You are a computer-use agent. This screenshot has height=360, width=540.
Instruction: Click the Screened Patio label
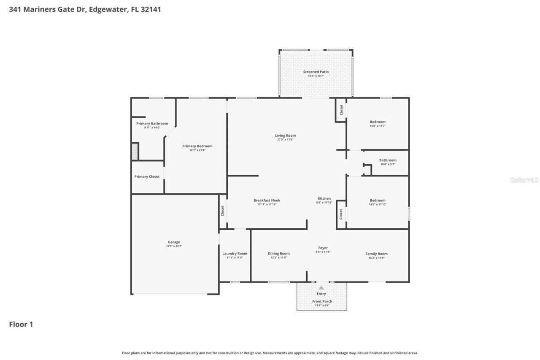316,72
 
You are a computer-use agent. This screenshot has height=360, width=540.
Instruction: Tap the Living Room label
285,135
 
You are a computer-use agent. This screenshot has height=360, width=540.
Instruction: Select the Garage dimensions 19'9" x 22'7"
174,246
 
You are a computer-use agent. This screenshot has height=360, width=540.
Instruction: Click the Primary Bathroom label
152,123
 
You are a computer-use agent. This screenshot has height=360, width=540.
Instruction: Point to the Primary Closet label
147,176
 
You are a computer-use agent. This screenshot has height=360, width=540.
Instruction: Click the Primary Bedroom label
197,146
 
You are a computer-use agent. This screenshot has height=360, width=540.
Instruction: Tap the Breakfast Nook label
267,200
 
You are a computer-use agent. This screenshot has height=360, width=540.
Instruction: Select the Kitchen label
324,198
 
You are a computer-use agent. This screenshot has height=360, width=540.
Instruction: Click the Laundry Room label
235,253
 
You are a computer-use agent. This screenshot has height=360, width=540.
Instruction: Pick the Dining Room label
278,253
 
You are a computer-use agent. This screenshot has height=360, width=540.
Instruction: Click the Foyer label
323,248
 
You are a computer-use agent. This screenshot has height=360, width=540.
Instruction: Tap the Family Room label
376,254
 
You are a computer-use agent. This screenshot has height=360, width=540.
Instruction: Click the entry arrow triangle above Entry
321,287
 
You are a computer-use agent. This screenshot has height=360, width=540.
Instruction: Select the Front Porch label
322,301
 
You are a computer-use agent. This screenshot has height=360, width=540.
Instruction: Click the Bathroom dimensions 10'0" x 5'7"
387,164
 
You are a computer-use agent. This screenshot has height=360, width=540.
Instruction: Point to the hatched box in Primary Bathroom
135,152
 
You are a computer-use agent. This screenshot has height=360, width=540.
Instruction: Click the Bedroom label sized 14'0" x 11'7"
378,122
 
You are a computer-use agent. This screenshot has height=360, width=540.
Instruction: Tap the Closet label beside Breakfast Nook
222,211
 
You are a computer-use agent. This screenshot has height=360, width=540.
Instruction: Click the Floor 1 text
21,324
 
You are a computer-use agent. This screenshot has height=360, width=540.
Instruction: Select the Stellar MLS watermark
524,180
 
